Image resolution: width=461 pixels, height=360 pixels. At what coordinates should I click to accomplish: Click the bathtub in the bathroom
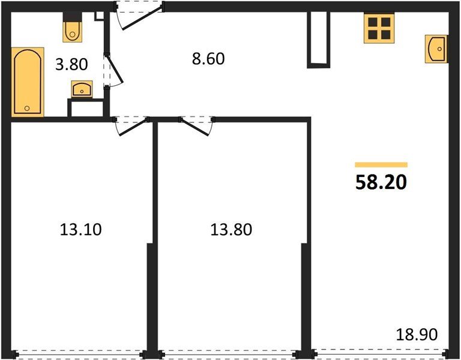point(28,82)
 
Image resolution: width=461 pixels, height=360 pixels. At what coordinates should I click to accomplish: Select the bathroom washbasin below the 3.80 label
point(81,89)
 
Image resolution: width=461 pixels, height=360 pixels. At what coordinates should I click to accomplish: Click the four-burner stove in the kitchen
point(378,28)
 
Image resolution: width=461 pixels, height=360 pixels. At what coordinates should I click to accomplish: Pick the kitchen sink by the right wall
point(436,49)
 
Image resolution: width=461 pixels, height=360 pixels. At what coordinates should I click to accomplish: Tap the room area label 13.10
point(80,229)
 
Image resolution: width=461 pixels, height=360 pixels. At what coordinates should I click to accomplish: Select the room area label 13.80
point(230,229)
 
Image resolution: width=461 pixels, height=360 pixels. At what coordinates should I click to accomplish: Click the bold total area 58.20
point(381,182)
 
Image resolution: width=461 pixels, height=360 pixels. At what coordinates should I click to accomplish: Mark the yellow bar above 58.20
point(381,164)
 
